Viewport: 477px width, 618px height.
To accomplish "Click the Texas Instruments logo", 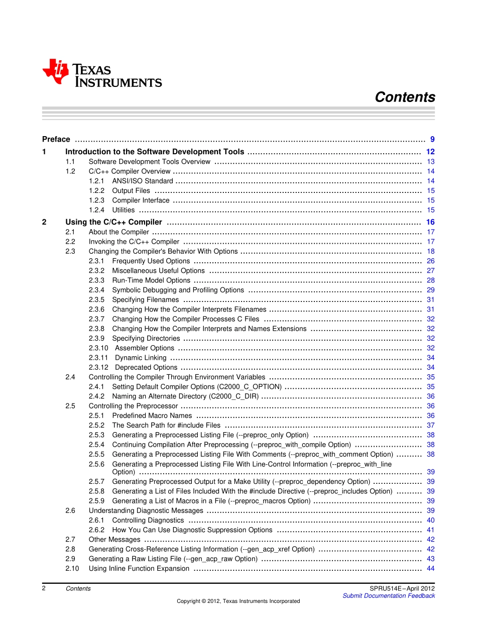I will (x=102, y=73).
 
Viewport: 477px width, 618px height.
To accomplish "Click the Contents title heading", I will (x=405, y=97).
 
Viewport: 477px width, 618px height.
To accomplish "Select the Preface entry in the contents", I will (x=56, y=139).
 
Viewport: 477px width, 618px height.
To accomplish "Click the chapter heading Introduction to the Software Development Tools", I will (x=155, y=152).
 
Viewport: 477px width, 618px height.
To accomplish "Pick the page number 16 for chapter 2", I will (x=430, y=222).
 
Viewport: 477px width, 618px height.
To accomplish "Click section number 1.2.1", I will (x=96, y=181).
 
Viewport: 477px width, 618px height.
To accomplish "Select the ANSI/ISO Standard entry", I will (x=142, y=181).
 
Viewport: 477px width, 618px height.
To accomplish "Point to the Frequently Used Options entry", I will (x=151, y=261).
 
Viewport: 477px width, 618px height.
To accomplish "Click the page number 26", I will (x=430, y=261).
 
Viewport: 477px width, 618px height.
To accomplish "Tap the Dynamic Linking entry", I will (x=141, y=358).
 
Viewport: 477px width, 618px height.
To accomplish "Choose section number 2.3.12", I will (x=98, y=367).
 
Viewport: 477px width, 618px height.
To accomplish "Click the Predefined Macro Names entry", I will (x=152, y=416).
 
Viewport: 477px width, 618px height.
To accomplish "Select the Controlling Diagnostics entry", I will (x=148, y=520).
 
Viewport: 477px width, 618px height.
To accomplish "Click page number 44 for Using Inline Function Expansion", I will (x=430, y=568).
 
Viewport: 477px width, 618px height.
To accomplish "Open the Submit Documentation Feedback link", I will (x=388, y=596).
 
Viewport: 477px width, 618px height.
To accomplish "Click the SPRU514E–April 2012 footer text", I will (x=402, y=588).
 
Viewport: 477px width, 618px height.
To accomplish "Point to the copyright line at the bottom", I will (x=238, y=601).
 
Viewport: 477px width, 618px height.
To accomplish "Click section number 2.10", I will (x=72, y=568).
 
